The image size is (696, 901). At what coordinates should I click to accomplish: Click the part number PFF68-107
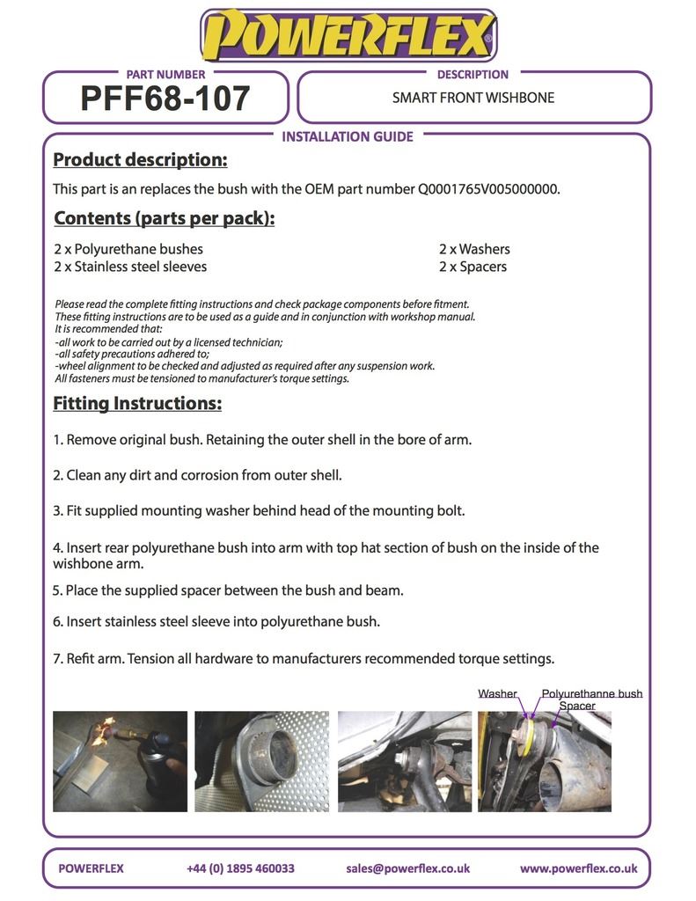(165, 99)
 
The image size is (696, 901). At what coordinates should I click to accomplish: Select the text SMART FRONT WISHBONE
(473, 98)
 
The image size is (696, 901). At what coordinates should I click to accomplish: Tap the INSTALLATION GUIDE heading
(347, 136)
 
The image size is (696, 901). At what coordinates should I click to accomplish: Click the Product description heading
(140, 160)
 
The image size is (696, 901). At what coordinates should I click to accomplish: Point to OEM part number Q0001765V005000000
(488, 188)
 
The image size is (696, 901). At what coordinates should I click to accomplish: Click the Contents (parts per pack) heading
(164, 218)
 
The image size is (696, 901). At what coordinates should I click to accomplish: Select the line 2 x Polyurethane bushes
(128, 249)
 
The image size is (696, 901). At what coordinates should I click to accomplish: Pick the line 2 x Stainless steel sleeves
(130, 267)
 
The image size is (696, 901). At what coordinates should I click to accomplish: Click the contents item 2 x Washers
(474, 249)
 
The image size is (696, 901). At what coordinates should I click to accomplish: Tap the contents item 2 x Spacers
(473, 267)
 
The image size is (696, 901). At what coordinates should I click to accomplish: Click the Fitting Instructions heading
(137, 404)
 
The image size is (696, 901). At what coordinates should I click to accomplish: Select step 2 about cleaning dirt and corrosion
(198, 475)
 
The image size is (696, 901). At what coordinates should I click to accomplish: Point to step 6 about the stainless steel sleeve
(216, 621)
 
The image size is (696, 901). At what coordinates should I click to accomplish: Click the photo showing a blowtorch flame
(120, 761)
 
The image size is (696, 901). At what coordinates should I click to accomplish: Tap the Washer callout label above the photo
(497, 694)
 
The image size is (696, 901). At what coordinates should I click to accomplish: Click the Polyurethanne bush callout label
(591, 694)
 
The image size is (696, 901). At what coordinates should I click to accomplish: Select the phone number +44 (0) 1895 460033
(240, 868)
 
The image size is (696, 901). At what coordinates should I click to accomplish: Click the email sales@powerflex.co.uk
(407, 868)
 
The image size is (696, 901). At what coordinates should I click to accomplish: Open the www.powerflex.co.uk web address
(578, 868)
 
